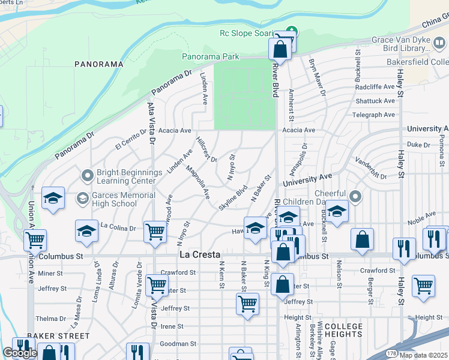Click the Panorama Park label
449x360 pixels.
tap(210, 57)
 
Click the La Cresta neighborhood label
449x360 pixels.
tap(196, 255)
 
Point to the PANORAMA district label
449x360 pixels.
tap(98, 64)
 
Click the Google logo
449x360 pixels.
tap(20, 353)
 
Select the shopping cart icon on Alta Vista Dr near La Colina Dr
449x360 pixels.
tap(156, 231)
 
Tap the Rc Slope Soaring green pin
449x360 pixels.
tap(292, 31)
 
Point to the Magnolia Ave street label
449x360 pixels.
tap(197, 182)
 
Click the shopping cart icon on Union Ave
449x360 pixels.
tap(35, 240)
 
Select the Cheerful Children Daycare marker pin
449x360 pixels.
tap(355, 197)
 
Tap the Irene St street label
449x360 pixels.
tap(172, 326)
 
